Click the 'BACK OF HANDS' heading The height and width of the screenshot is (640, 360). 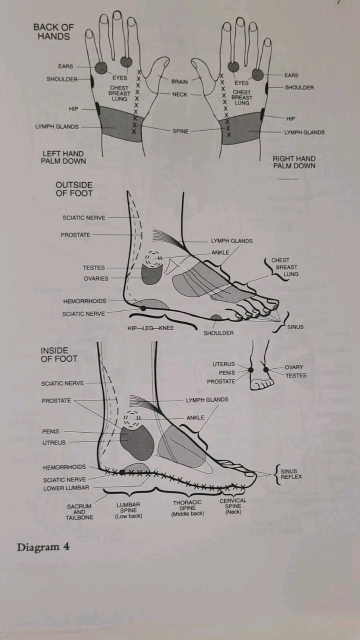(53, 31)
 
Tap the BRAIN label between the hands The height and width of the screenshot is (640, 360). (179, 81)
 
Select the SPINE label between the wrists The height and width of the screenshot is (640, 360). (180, 131)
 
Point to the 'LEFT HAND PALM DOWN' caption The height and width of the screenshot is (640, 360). (63, 157)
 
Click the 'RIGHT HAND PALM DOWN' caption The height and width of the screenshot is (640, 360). (294, 162)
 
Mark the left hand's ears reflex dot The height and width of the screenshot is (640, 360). (101, 67)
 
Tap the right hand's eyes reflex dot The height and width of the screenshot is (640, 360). (233, 66)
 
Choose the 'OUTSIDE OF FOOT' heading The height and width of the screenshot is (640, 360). (74, 189)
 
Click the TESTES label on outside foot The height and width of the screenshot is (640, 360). (93, 268)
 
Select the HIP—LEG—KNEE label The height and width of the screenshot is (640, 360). (150, 328)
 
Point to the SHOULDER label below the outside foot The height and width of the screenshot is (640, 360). (218, 333)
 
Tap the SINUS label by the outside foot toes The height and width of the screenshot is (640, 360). (295, 327)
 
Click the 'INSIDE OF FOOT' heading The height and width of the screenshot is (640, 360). (59, 355)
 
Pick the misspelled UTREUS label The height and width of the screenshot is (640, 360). (54, 442)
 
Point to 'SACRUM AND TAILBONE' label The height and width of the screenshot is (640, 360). (79, 511)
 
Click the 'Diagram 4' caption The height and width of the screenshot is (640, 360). (43, 547)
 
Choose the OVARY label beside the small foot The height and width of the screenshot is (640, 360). (293, 367)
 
